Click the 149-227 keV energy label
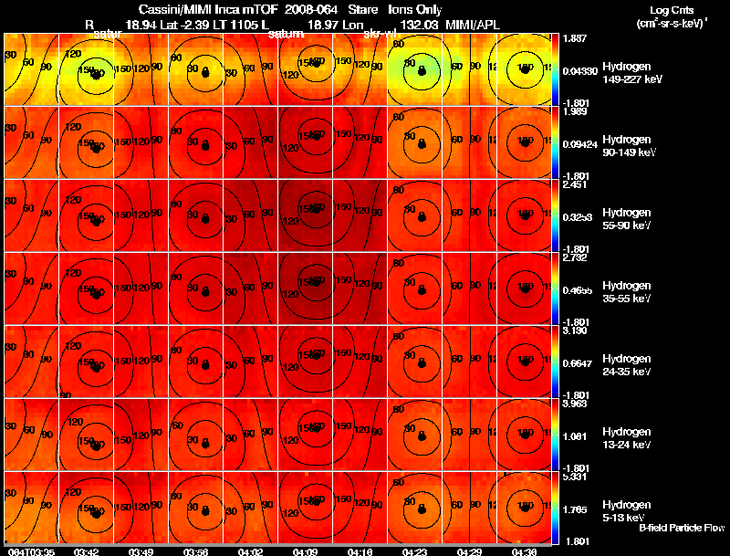pos(625,79)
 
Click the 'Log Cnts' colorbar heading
pos(672,9)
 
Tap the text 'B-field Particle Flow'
pos(681,529)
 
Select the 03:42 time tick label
pos(87,551)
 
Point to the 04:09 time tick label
pos(305,551)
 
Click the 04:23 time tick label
pos(414,551)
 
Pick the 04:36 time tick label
pos(524,551)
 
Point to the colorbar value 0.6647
pos(577,362)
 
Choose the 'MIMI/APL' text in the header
pos(474,22)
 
